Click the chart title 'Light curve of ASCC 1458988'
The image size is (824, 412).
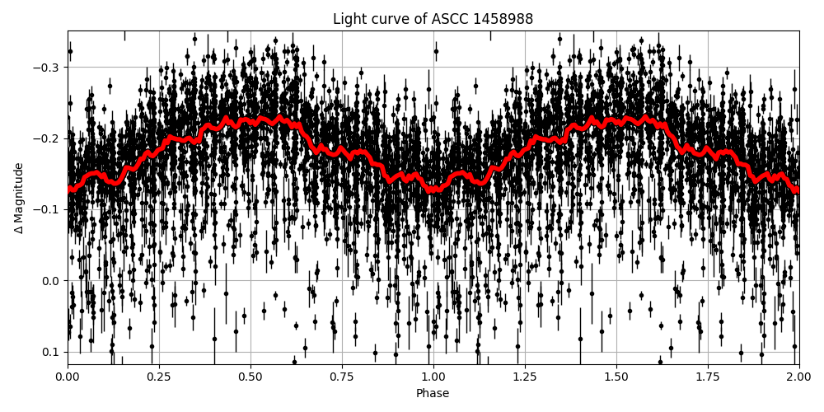click(x=433, y=19)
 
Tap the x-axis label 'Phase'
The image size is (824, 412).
click(x=433, y=394)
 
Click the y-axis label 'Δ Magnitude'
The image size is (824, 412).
click(x=19, y=198)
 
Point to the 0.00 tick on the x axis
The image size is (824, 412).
click(x=68, y=377)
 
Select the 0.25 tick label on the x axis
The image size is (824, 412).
click(x=159, y=377)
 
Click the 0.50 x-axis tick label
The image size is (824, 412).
click(x=250, y=377)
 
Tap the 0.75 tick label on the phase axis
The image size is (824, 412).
click(x=342, y=377)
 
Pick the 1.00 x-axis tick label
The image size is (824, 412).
click(x=433, y=377)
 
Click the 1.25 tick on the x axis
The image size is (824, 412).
click(x=525, y=377)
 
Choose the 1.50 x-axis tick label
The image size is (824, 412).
click(x=616, y=377)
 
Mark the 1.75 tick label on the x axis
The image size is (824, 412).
click(x=708, y=377)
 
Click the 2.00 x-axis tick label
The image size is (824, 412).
click(x=798, y=377)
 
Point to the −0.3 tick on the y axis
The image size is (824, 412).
click(x=48, y=67)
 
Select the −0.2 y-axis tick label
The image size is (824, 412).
click(x=48, y=138)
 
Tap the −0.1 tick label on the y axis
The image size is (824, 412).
click(x=48, y=209)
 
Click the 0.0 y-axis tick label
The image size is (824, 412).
click(x=51, y=281)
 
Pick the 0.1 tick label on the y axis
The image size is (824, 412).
click(x=51, y=352)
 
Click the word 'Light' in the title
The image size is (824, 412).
click(x=349, y=19)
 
